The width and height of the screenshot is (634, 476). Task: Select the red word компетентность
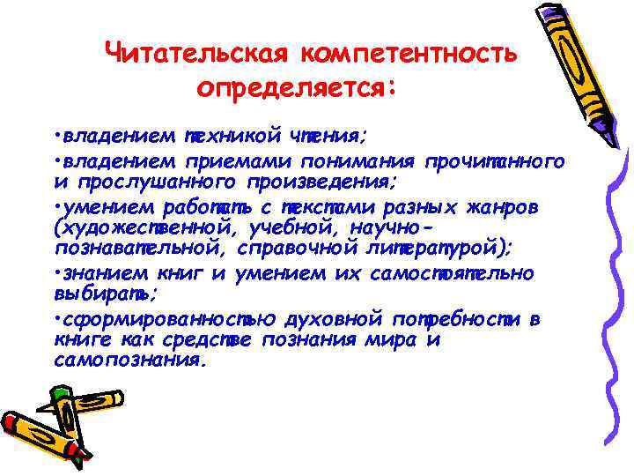[409, 55]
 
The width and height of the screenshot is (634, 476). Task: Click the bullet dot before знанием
[55, 273]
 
